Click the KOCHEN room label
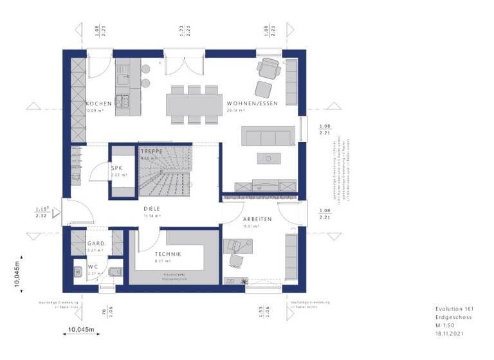point(99,104)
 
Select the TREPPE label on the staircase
point(152,150)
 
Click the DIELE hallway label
point(152,209)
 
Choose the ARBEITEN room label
point(257,219)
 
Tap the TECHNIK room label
point(167,255)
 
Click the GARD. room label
point(96,244)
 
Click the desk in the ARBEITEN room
point(239,246)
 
